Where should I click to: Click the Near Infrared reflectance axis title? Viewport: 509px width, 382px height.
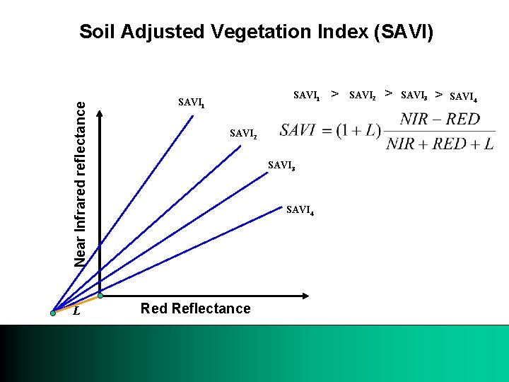[x=82, y=183]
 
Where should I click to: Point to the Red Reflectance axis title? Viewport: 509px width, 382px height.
[x=195, y=308]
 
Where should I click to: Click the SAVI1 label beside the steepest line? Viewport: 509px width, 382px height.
[x=192, y=103]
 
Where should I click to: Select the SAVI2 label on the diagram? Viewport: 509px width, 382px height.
[x=244, y=133]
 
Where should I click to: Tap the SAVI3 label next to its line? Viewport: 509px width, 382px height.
[x=281, y=166]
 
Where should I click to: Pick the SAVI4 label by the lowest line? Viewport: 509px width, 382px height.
[x=300, y=209]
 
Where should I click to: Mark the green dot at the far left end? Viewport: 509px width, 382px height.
[x=53, y=311]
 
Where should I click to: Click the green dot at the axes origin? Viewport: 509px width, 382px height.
[x=100, y=295]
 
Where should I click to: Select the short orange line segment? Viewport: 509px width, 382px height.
[x=76, y=303]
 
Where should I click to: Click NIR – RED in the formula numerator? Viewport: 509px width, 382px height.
[x=439, y=119]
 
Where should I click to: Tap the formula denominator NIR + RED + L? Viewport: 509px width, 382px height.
[x=440, y=144]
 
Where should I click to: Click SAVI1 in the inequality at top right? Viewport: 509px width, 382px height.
[x=307, y=94]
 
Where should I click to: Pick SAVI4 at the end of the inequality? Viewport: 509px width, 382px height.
[x=463, y=95]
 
